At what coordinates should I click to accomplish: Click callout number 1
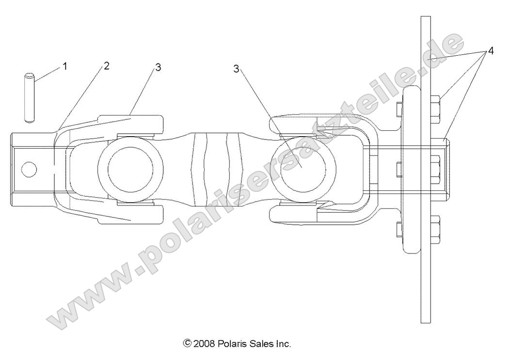click(65, 66)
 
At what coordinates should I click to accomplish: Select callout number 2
click(106, 66)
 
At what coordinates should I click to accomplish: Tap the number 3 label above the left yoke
click(158, 67)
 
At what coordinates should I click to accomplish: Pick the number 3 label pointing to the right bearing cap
click(236, 69)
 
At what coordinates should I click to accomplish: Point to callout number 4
click(491, 50)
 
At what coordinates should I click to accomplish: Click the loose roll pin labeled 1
click(31, 96)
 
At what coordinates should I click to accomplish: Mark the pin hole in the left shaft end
click(29, 169)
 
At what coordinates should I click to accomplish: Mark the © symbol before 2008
click(187, 344)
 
